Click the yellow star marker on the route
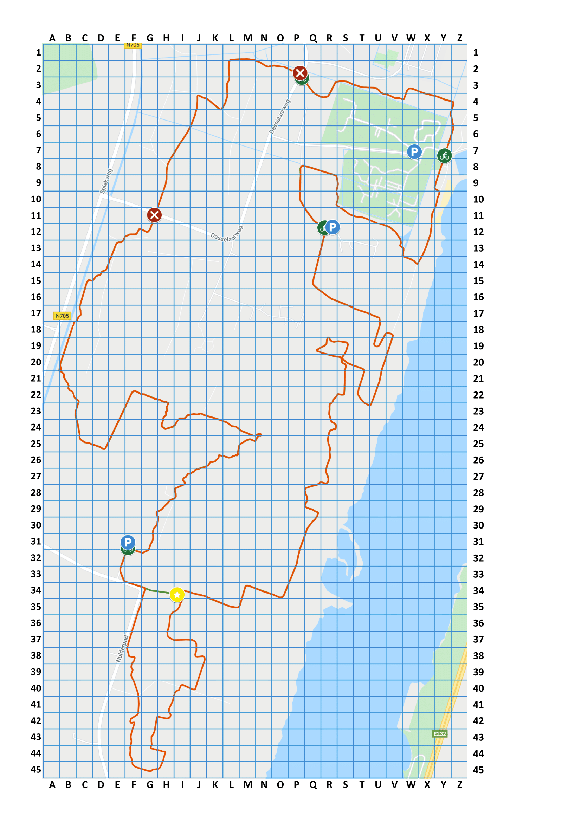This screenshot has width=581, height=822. coord(177,595)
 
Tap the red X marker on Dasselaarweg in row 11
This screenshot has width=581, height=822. coord(154,215)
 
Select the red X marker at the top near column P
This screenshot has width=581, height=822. coord(299,73)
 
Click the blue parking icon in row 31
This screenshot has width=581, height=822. coord(128,542)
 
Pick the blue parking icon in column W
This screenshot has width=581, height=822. coord(414,152)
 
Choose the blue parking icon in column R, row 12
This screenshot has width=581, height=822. coord(333,227)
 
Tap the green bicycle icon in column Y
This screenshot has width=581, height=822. coord(444,156)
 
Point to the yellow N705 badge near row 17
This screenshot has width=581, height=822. coord(62,316)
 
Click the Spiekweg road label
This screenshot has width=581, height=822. coord(106,181)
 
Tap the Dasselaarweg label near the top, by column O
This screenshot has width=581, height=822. coord(280,117)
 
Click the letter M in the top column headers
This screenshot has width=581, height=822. coord(248,38)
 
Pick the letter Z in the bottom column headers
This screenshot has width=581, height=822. coord(460,785)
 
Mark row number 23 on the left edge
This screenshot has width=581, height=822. coord(36,411)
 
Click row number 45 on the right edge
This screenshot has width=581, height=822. coord(478,769)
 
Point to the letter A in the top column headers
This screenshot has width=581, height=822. coord(52,38)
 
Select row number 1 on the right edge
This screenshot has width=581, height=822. coord(476,53)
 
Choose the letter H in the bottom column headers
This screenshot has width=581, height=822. coord(166,785)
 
